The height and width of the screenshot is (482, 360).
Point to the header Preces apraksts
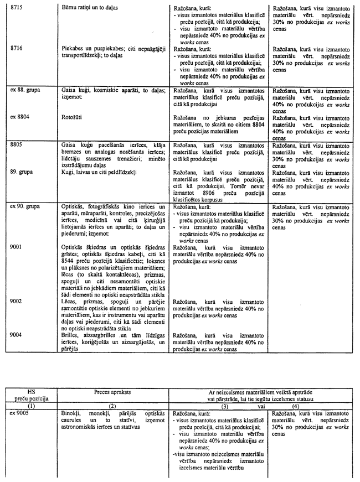112,391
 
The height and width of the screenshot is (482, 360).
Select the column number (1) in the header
31,406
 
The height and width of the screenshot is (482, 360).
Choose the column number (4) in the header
311,406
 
